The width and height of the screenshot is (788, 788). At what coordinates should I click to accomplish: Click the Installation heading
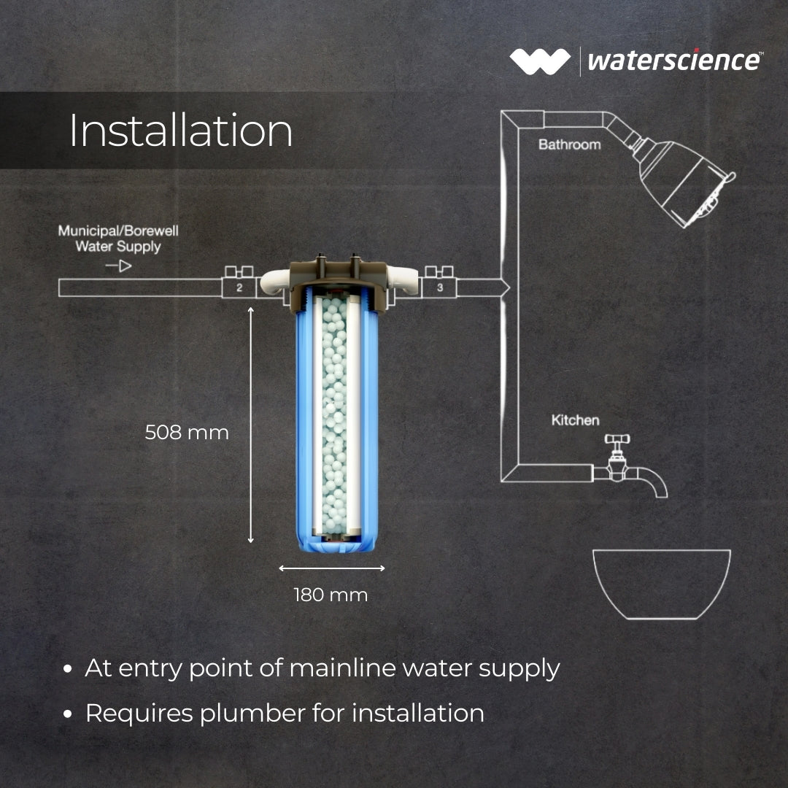[x=181, y=131]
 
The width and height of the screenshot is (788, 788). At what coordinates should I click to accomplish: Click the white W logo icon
[x=540, y=61]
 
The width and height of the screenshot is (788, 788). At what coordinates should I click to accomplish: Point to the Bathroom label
[x=569, y=144]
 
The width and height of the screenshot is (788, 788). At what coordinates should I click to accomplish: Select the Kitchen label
[x=575, y=420]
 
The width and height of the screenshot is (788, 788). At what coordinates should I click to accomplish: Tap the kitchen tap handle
[x=617, y=440]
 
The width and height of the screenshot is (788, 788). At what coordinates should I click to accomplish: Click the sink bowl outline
[x=662, y=618]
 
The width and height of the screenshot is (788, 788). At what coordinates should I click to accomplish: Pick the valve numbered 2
[x=239, y=283]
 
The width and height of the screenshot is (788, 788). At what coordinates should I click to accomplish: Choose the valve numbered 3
[x=440, y=283]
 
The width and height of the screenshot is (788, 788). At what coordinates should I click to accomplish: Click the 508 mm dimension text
[x=187, y=433]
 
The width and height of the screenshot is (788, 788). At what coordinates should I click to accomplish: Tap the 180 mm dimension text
[x=331, y=595]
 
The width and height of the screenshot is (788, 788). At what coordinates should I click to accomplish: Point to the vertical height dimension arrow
[x=251, y=425]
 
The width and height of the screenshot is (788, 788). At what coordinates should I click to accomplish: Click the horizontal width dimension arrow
[x=332, y=568]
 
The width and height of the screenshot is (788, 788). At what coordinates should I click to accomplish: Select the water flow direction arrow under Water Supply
[x=119, y=266]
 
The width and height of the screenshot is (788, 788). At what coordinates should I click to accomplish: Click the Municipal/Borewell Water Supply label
[x=118, y=239]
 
